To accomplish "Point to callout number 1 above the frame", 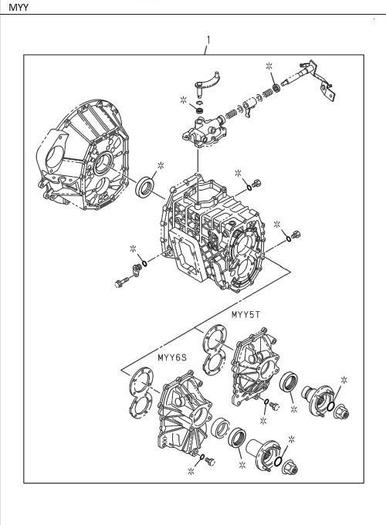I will pos(207,40).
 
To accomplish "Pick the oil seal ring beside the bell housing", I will pos(144,188).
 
